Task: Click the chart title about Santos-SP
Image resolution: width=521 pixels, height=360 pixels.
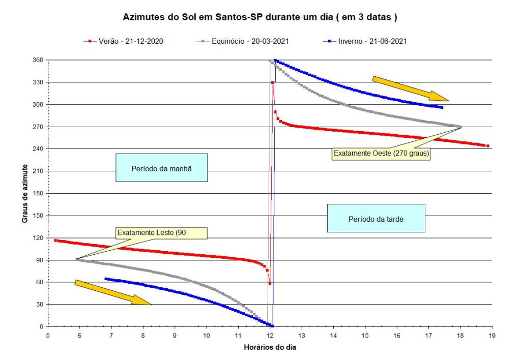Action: (260, 17)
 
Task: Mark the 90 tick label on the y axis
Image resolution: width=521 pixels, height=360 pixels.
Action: (39, 260)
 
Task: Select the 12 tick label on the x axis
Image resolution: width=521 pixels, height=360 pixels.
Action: (270, 335)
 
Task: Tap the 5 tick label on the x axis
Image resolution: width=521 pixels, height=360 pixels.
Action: (48, 335)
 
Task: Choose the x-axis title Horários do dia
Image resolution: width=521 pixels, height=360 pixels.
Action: (270, 348)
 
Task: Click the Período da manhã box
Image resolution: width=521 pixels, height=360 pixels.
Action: (162, 168)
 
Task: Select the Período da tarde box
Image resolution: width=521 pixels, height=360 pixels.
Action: (375, 218)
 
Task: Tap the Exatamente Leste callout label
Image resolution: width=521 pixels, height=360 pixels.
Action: (161, 233)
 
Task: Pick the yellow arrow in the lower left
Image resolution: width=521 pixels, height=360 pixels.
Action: (113, 292)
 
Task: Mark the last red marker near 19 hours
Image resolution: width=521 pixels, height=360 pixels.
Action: (487, 146)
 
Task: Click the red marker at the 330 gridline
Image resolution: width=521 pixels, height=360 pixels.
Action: (273, 82)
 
